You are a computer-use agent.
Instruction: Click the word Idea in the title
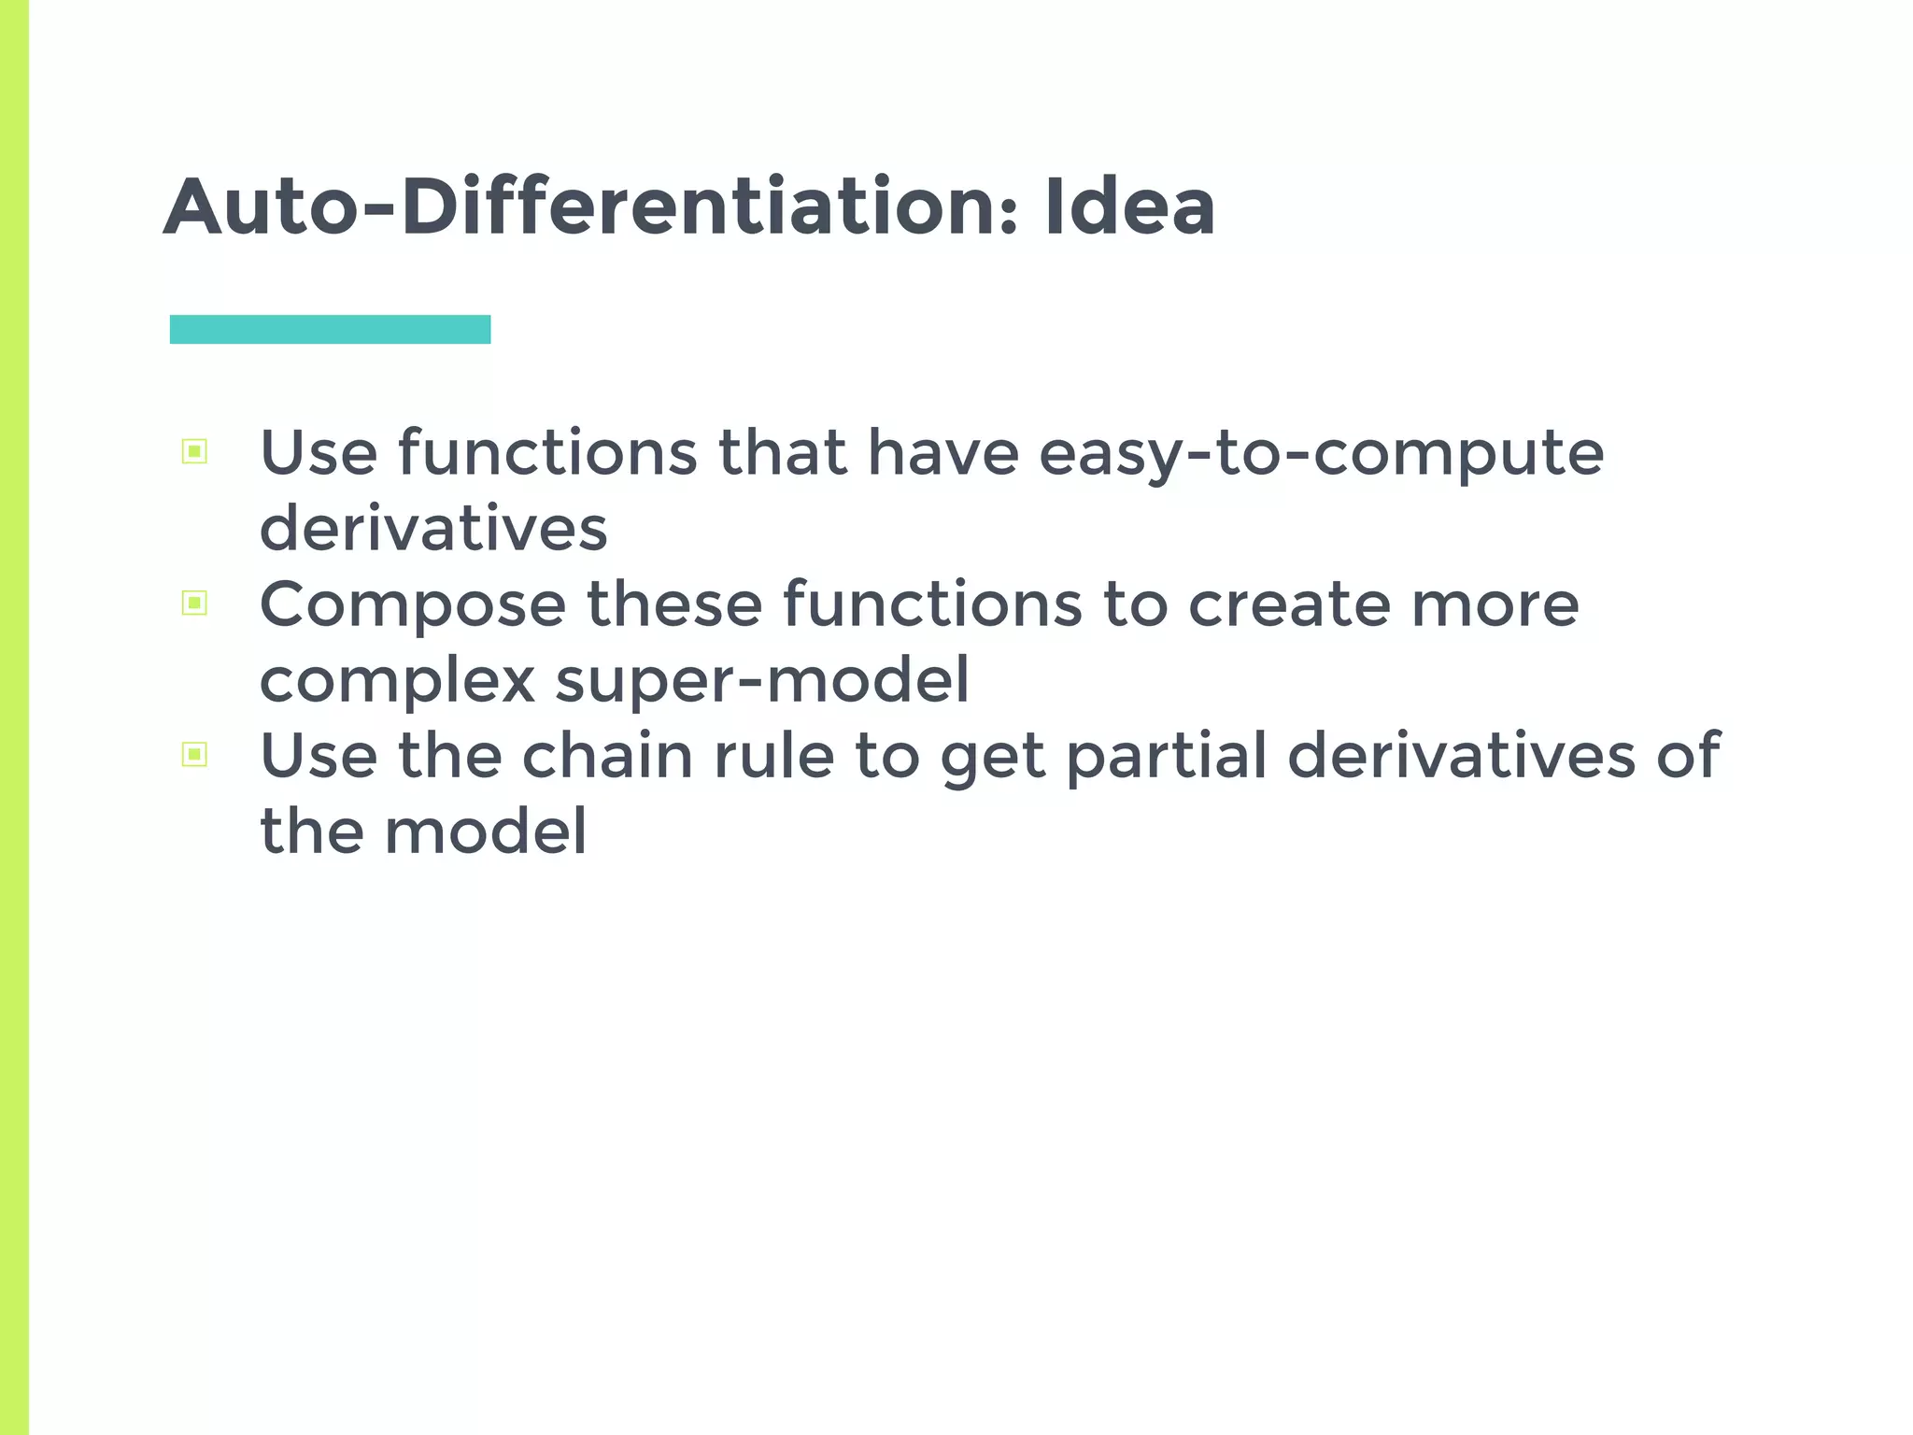[1129, 206]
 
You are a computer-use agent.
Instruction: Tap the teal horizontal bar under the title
[330, 330]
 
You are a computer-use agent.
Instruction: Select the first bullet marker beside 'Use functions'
[194, 452]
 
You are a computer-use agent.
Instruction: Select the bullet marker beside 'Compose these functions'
[194, 604]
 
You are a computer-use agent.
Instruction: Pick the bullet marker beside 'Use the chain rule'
[194, 754]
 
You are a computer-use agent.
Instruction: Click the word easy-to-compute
[1321, 455]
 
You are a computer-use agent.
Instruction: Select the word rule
[773, 757]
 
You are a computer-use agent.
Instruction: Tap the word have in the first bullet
[942, 453]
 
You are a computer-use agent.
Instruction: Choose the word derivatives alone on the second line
[433, 529]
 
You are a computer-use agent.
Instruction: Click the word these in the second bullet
[674, 604]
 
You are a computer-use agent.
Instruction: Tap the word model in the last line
[486, 831]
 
